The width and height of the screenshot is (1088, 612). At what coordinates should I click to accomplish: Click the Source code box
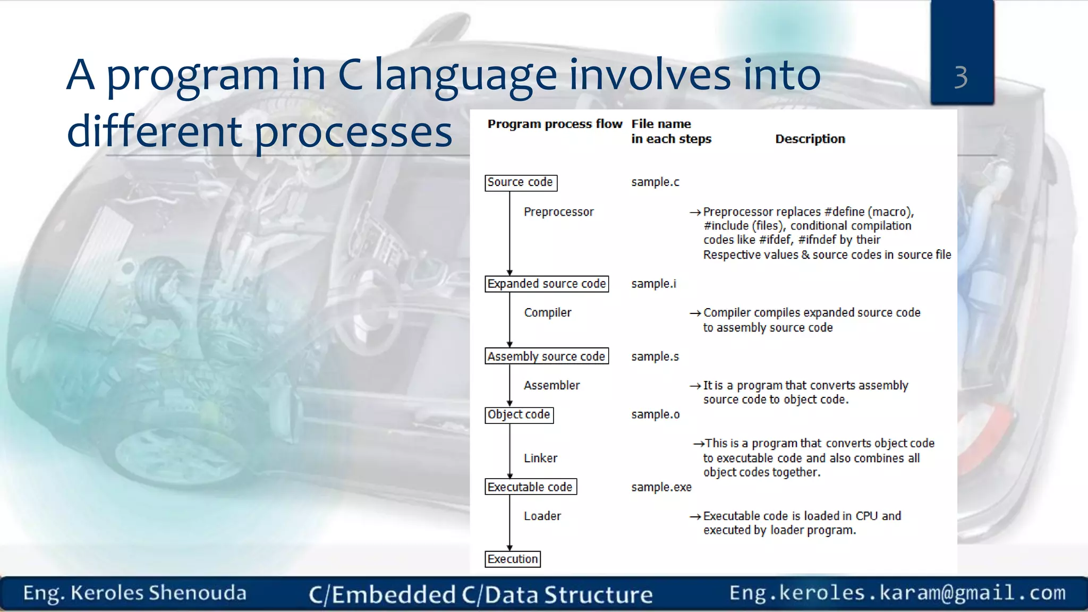click(x=521, y=182)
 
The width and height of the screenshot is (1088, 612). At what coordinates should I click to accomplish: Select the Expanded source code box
click(x=547, y=284)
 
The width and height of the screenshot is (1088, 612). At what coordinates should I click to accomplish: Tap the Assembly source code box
click(x=547, y=356)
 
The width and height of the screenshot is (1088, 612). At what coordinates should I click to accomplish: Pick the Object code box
click(x=519, y=414)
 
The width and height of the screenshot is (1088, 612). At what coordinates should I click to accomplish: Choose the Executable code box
click(x=530, y=487)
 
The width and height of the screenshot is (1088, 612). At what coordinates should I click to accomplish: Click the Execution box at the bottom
click(x=513, y=559)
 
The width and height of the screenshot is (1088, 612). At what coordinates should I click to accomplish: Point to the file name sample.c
click(x=655, y=182)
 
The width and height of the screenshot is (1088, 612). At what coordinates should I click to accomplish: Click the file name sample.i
click(x=653, y=284)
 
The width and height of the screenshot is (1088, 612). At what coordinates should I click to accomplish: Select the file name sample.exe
click(x=661, y=487)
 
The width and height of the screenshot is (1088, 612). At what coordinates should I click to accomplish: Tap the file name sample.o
click(x=655, y=414)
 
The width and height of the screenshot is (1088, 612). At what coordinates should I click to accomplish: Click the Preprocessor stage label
click(x=558, y=212)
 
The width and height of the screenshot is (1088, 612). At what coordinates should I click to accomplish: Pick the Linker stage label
click(x=540, y=458)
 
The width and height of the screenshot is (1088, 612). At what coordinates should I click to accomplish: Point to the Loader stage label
click(x=542, y=516)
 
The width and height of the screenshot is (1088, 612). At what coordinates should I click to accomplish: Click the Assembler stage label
click(x=551, y=385)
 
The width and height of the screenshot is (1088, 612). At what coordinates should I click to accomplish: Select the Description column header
click(x=810, y=139)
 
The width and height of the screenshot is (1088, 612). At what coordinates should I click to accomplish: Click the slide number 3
click(x=961, y=77)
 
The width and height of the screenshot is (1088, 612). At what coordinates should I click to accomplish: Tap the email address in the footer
click(x=897, y=592)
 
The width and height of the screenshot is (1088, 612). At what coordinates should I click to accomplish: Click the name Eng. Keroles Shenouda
click(x=135, y=593)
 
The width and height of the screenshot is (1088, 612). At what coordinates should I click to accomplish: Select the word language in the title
click(x=465, y=75)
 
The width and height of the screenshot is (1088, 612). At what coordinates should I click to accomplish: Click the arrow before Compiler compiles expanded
click(x=695, y=313)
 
